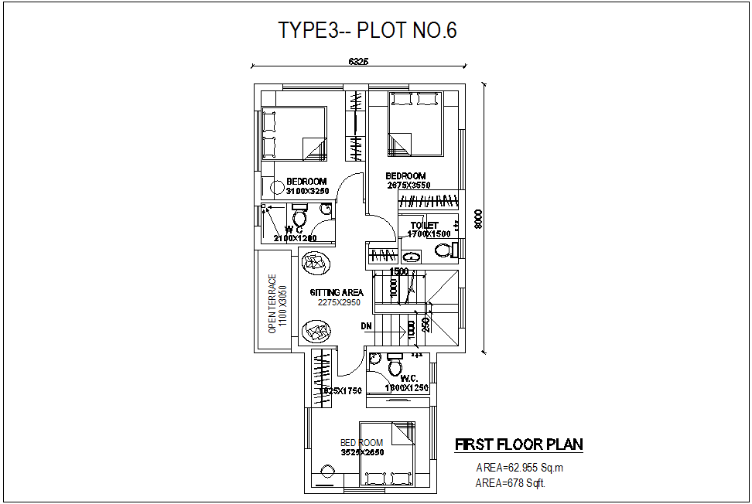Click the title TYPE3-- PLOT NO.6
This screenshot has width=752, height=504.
(x=367, y=31)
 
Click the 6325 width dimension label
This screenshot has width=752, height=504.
(x=357, y=61)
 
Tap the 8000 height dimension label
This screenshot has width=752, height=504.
(x=479, y=220)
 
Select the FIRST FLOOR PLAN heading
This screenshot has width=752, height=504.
(x=518, y=444)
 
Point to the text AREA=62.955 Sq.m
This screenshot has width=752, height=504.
(x=520, y=468)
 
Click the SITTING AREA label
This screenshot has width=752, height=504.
(x=337, y=293)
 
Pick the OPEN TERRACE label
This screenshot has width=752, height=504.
(x=272, y=304)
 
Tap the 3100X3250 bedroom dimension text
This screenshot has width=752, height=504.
(x=307, y=190)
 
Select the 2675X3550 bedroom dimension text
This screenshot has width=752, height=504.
(x=408, y=186)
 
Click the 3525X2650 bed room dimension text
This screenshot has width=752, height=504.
(x=362, y=452)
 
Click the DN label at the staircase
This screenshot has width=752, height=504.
(x=367, y=326)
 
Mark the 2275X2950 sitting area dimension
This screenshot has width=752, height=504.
(x=339, y=303)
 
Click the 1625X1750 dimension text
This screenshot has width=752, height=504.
(x=341, y=391)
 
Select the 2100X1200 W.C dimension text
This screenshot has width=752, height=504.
(x=295, y=238)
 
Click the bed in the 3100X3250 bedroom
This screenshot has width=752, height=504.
(x=293, y=132)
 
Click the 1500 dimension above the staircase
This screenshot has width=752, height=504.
(x=399, y=272)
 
